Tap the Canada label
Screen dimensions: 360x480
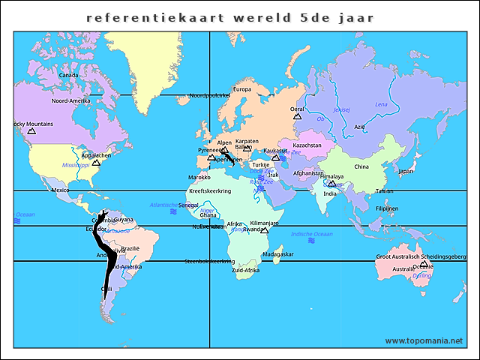pyautogui.click(x=68, y=75)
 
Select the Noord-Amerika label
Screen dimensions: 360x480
pyautogui.click(x=70, y=100)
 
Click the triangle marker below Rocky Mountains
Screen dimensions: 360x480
pyautogui.click(x=31, y=132)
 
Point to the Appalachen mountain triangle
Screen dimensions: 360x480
pyautogui.click(x=95, y=162)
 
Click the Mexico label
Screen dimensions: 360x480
pyautogui.click(x=60, y=190)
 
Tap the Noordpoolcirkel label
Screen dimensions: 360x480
pyautogui.click(x=209, y=95)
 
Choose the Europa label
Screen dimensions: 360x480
pyautogui.click(x=242, y=89)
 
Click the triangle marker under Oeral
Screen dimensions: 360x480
pyautogui.click(x=297, y=116)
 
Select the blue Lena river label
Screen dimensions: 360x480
pyautogui.click(x=381, y=104)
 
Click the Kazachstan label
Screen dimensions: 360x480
pyautogui.click(x=307, y=145)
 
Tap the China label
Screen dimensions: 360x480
pyautogui.click(x=361, y=166)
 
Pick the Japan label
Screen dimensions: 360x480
pyautogui.click(x=406, y=171)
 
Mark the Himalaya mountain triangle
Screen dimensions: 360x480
pyautogui.click(x=331, y=184)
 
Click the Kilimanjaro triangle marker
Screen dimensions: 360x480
pyautogui.click(x=264, y=230)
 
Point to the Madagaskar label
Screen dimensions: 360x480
pyautogui.click(x=278, y=254)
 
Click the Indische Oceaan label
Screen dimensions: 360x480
pyautogui.click(x=313, y=234)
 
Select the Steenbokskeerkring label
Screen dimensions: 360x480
pyautogui.click(x=209, y=261)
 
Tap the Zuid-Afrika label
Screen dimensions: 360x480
pyautogui.click(x=245, y=270)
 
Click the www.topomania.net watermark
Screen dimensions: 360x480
pyautogui.click(x=424, y=340)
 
